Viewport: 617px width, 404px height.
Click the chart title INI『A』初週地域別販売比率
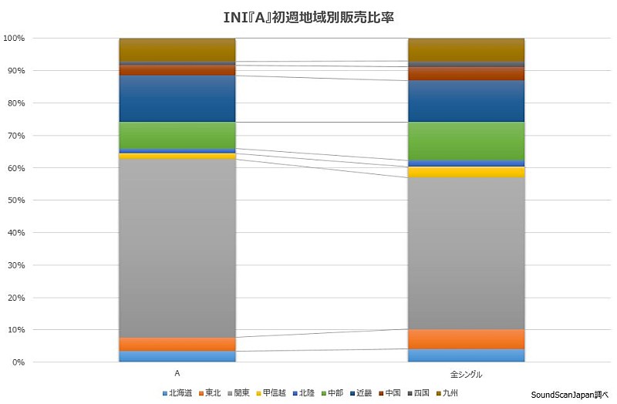coord(308,15)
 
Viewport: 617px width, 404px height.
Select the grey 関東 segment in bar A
coord(177,247)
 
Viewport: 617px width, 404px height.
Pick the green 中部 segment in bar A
coord(177,135)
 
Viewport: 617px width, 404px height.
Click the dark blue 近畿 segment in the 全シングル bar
coord(466,101)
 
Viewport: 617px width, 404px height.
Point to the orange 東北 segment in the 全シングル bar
coord(466,339)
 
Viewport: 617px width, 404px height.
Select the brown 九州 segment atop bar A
coord(177,49)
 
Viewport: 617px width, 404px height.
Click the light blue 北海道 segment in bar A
coord(177,356)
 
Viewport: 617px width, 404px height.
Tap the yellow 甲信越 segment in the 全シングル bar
coord(466,172)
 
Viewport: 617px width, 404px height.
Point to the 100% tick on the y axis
coord(15,38)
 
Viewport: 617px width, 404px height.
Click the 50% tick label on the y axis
coord(15,200)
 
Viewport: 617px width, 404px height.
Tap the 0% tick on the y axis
coord(17,362)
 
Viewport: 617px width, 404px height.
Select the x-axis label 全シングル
coord(466,375)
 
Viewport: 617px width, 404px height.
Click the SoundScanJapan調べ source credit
coord(569,393)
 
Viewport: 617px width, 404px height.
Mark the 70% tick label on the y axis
coord(15,136)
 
